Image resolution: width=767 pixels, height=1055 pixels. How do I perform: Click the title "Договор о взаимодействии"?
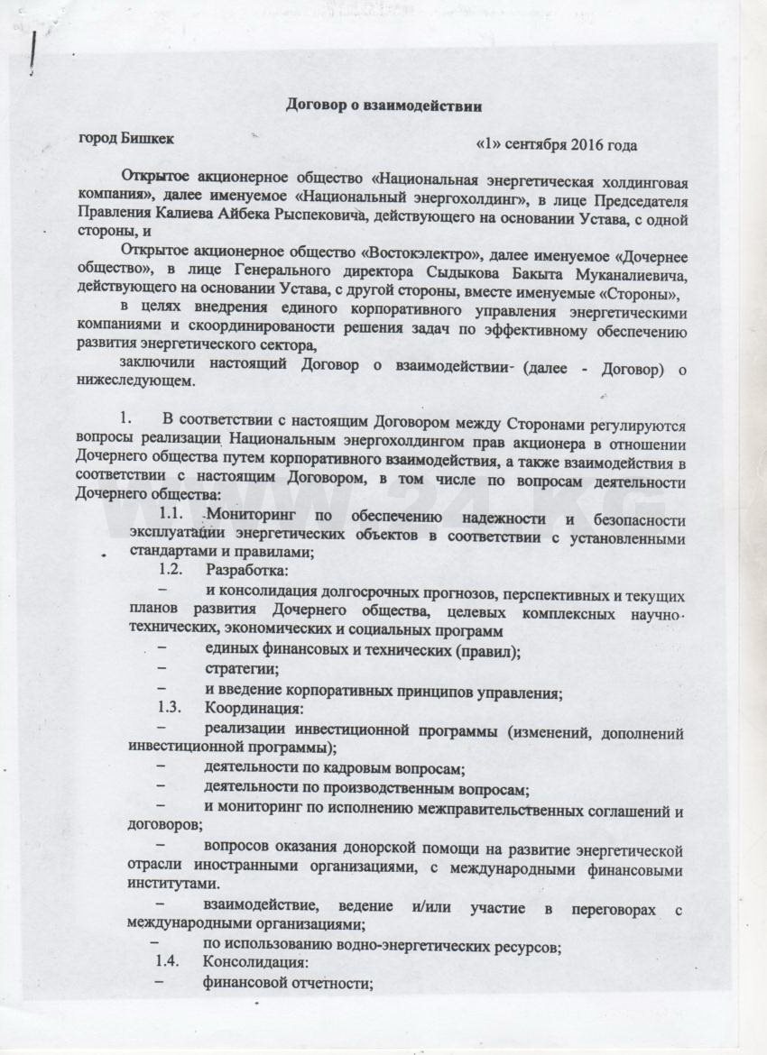(x=383, y=105)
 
